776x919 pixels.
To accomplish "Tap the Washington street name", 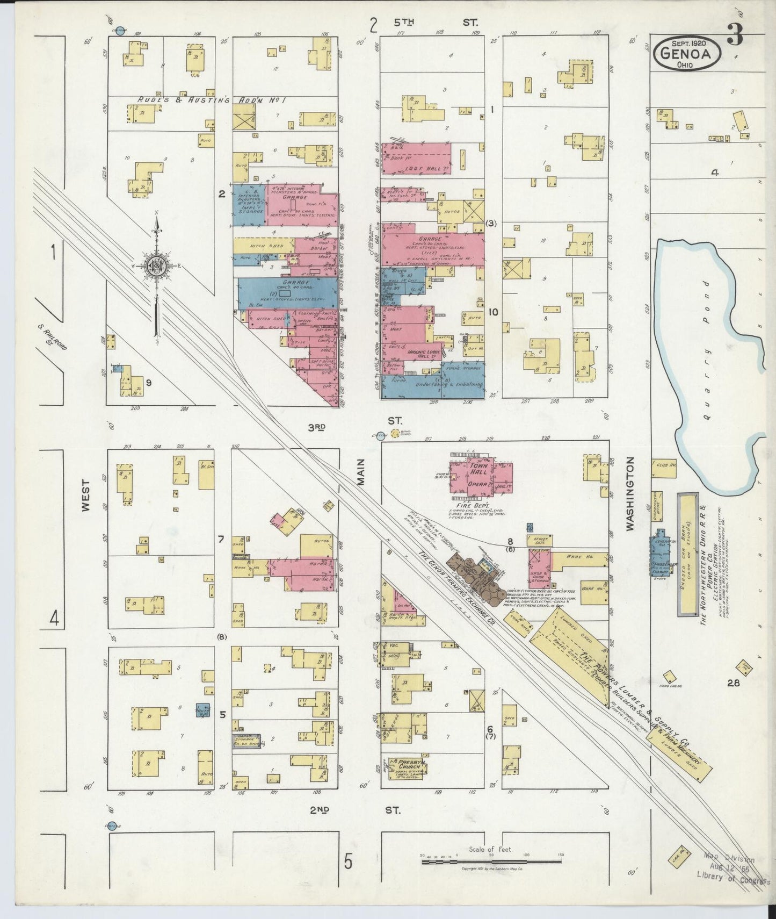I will click(630, 494).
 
